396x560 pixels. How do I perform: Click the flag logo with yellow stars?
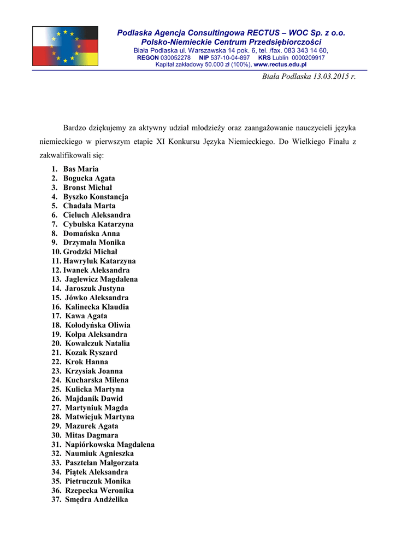65,46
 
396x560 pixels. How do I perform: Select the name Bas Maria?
81,169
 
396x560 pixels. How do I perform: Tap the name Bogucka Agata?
89,178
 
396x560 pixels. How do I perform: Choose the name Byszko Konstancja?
96,196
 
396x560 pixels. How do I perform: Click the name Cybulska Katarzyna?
98,224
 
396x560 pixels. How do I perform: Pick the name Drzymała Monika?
94,242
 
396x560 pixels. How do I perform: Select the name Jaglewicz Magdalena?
102,279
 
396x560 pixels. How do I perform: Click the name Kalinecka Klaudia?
97,307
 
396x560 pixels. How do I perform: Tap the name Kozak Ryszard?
91,353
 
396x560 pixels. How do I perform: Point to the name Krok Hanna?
87,361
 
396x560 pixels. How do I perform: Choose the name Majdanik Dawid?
94,399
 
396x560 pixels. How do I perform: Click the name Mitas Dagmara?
92,435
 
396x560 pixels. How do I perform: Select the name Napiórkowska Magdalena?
110,445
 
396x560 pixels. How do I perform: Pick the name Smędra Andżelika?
97,499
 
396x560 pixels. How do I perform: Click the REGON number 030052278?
175,57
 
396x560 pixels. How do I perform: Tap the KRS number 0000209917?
308,57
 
